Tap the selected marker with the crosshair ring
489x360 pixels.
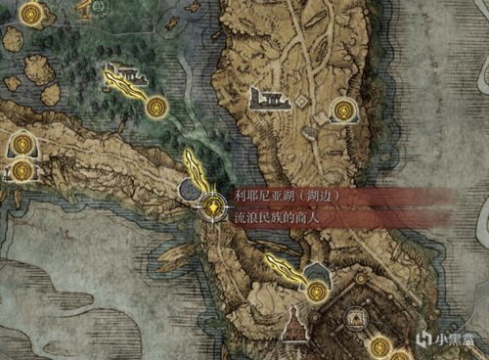coord(212,206)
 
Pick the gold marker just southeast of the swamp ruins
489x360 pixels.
coord(156,105)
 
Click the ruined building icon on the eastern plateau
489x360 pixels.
coord(267,98)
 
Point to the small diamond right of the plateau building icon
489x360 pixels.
coord(318,116)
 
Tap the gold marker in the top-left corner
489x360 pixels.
coord(33,14)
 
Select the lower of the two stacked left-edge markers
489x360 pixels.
coord(21,170)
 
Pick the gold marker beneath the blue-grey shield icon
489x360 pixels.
coord(316,291)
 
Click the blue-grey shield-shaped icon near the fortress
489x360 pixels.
coord(317,272)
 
